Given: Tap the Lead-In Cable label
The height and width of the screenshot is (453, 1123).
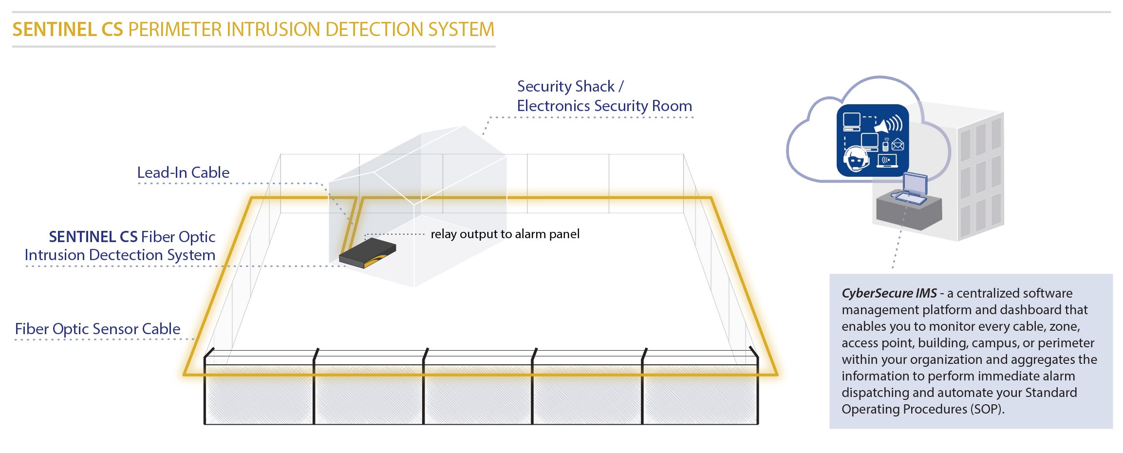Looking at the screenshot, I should (x=183, y=172).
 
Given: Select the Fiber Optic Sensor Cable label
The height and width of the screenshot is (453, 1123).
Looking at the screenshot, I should (x=97, y=329).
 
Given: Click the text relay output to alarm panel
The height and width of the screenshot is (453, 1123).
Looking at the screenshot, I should (x=505, y=234).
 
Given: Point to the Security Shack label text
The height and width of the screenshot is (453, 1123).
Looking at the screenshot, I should (x=566, y=87).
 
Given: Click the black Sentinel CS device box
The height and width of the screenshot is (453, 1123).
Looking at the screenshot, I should (x=368, y=253).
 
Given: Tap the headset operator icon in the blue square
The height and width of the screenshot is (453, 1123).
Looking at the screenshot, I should (x=856, y=158).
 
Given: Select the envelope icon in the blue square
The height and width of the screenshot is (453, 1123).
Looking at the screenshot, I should (x=898, y=145).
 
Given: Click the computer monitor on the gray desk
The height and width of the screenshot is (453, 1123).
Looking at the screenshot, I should (x=915, y=185).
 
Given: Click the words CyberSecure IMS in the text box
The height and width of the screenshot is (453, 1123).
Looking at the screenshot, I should (x=889, y=293).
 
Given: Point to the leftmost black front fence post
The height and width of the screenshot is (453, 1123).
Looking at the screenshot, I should (x=205, y=390).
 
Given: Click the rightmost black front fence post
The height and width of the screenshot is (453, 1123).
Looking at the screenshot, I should (x=757, y=390).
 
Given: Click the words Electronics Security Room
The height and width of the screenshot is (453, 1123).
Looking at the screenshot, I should (x=604, y=106).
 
